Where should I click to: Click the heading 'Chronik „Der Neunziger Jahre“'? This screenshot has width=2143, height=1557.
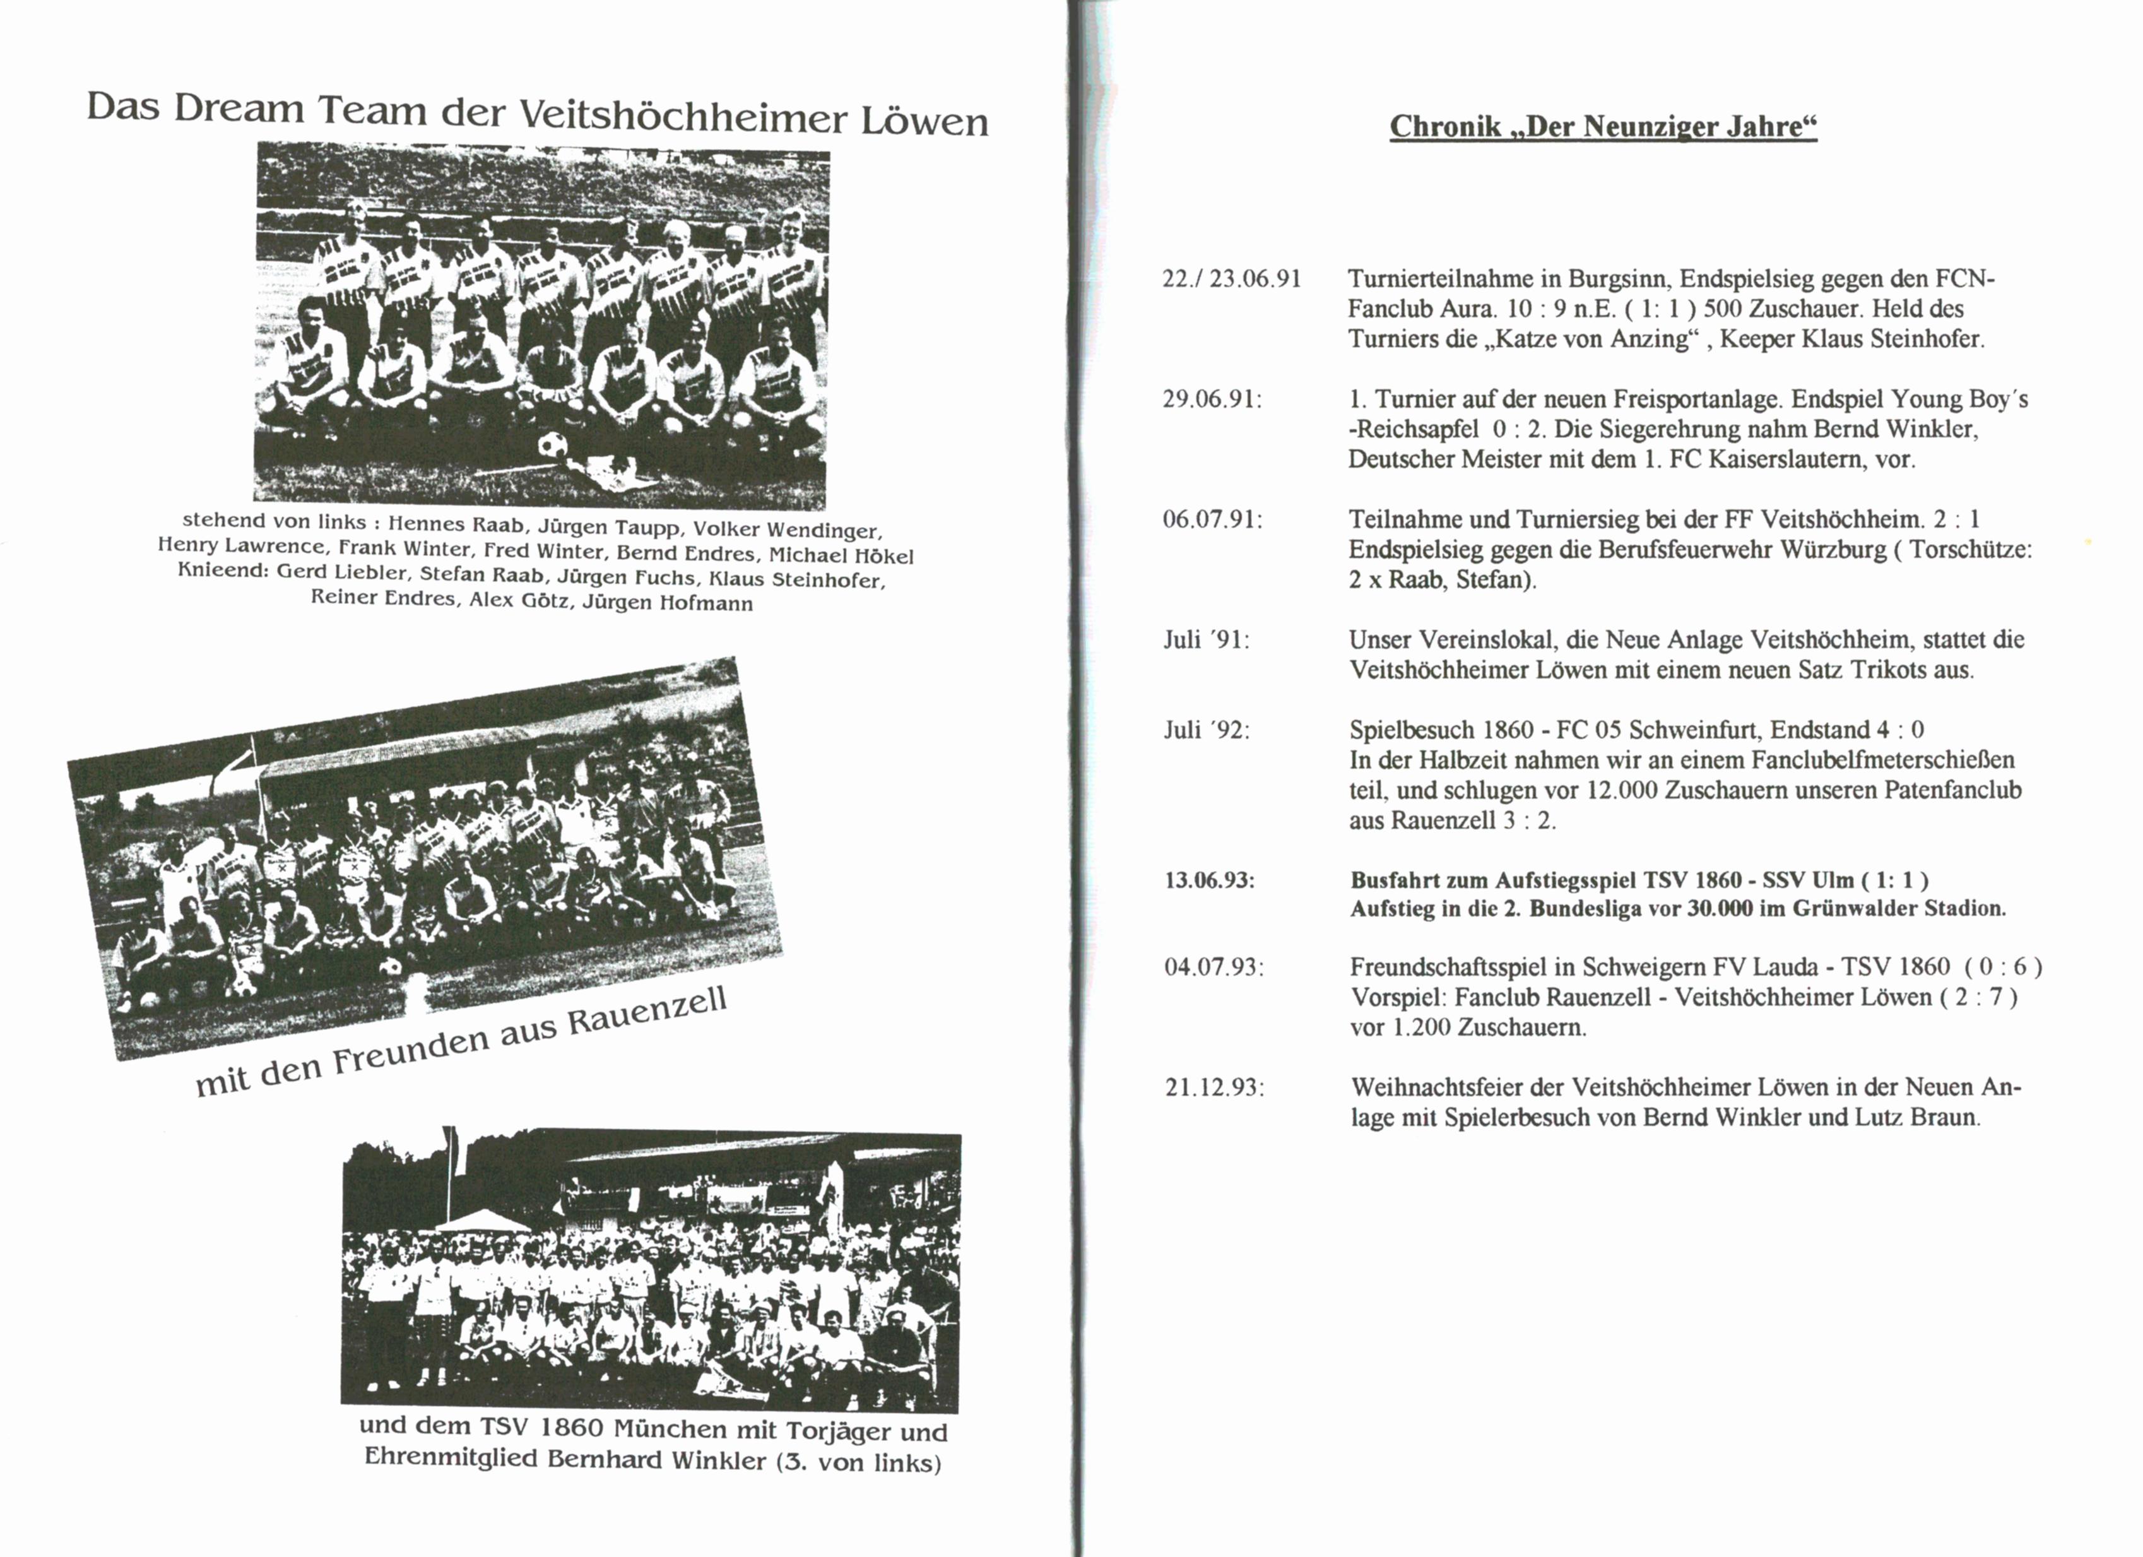tap(1603, 127)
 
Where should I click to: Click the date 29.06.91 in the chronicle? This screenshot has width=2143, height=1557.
tap(1212, 399)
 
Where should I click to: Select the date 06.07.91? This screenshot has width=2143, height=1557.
tap(1212, 519)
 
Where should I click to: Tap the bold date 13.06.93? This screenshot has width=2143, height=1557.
tap(1210, 880)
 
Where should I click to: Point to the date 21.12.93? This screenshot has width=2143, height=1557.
tap(1214, 1087)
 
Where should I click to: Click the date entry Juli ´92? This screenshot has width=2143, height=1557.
tap(1206, 730)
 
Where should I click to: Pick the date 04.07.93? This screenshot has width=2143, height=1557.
tap(1214, 968)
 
